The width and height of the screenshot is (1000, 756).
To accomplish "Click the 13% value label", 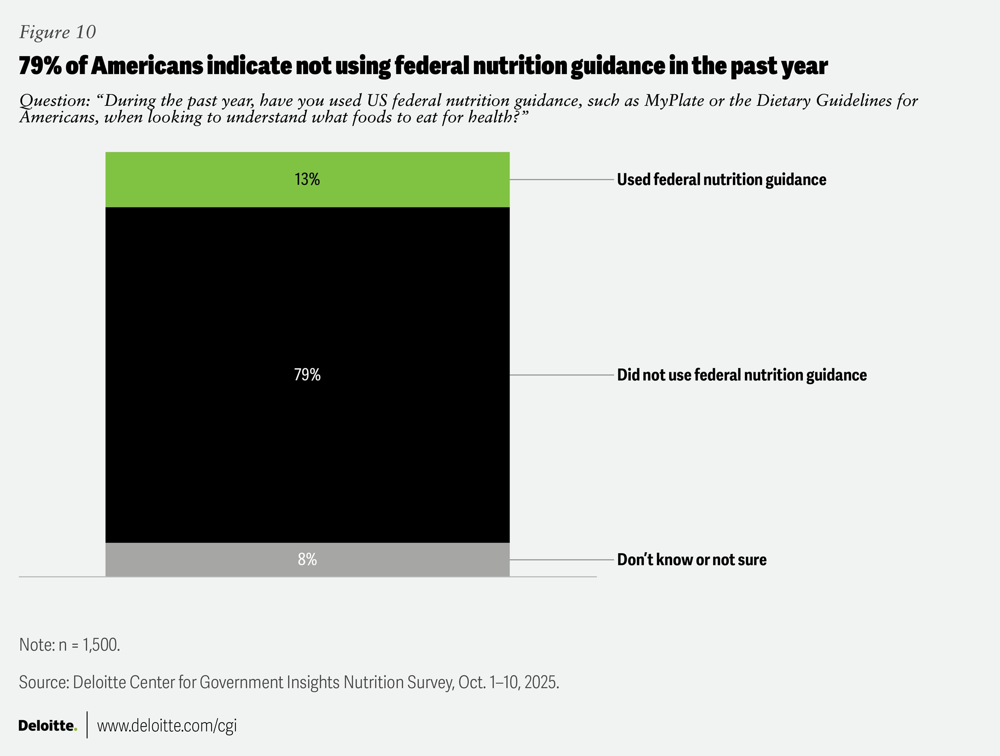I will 307,179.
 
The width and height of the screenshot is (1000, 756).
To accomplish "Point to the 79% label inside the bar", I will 307,375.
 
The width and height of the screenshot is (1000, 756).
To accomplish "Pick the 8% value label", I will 307,559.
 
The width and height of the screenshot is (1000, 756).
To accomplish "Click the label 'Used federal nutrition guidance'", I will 721,180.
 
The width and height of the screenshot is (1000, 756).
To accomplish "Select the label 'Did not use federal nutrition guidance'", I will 741,375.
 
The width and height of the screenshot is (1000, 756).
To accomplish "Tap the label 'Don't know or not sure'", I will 691,560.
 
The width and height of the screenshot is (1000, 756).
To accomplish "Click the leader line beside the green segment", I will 561,180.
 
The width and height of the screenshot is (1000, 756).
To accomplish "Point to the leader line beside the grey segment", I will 561,560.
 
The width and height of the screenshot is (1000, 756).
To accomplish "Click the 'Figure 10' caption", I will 57,32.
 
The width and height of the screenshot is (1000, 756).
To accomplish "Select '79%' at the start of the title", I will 40,66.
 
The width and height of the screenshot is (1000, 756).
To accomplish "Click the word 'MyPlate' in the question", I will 674,101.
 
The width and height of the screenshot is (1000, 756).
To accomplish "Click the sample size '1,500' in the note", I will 100,645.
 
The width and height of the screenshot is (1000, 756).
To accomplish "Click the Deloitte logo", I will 47,726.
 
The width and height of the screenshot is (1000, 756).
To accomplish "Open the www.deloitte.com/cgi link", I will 166,726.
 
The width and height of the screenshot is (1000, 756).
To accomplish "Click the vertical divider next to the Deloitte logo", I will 87,725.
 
